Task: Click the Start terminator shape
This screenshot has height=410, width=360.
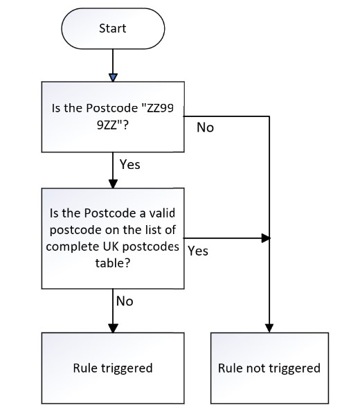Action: pos(113,28)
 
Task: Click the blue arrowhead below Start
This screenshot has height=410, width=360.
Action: pos(113,78)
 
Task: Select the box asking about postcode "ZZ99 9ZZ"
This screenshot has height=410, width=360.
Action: pos(113,117)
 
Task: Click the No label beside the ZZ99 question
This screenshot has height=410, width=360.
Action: pos(205,127)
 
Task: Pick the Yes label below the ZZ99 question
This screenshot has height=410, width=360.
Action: pos(130,165)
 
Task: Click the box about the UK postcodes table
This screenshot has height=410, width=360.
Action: pos(113,238)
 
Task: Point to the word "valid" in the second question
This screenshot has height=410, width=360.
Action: pos(162,213)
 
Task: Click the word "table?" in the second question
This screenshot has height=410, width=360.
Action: pos(113,263)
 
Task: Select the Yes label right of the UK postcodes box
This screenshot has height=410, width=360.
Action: pos(198,251)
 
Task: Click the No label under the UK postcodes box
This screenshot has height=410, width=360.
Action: pos(125,301)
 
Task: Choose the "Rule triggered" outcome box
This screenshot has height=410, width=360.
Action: pos(113,368)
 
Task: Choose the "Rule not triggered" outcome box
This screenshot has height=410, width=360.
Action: pos(269,368)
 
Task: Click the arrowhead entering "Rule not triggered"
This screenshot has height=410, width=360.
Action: pos(269,328)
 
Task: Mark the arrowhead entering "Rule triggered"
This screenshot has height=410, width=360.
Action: pos(113,328)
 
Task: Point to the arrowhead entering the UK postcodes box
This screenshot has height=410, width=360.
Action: pos(113,184)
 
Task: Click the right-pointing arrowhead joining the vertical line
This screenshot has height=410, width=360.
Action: pos(266,238)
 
